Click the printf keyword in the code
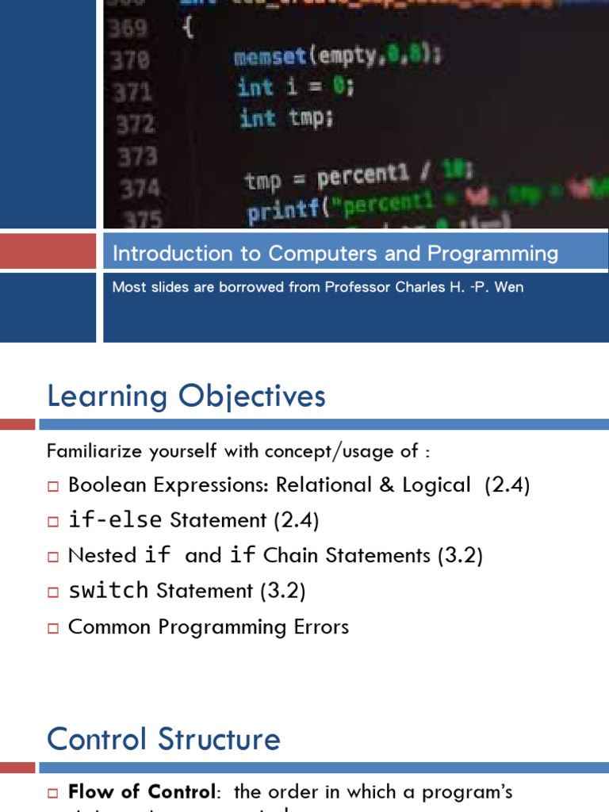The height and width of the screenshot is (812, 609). point(275,213)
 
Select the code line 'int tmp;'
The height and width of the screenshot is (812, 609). point(286,118)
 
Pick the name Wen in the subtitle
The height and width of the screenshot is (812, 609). point(508,287)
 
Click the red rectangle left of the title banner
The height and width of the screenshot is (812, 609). point(48,250)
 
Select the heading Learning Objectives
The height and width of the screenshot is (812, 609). point(186,396)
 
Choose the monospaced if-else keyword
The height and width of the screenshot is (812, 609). point(115,520)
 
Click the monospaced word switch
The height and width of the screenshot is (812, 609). point(109,591)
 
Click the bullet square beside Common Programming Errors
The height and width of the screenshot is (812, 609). point(53,628)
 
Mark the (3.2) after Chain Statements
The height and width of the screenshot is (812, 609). point(460,555)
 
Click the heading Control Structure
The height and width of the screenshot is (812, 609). point(163,739)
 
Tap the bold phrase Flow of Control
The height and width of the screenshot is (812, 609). point(141,791)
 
